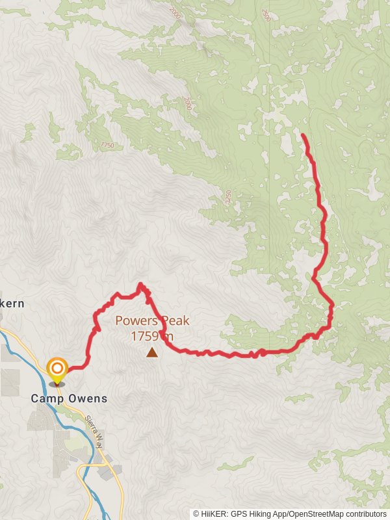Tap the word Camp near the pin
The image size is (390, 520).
(x=46, y=398)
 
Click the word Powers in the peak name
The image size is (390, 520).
(x=133, y=320)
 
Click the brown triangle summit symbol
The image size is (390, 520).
(x=151, y=352)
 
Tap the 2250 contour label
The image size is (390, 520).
(x=228, y=197)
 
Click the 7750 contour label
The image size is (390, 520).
(x=107, y=145)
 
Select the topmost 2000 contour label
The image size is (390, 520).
(x=175, y=12)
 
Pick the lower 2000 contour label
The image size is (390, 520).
(x=188, y=103)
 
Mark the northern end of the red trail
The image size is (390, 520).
(x=304, y=135)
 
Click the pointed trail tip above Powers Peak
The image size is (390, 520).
(x=140, y=284)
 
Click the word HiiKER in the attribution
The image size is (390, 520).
(x=214, y=514)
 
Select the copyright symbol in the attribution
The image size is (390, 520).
(x=196, y=514)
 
